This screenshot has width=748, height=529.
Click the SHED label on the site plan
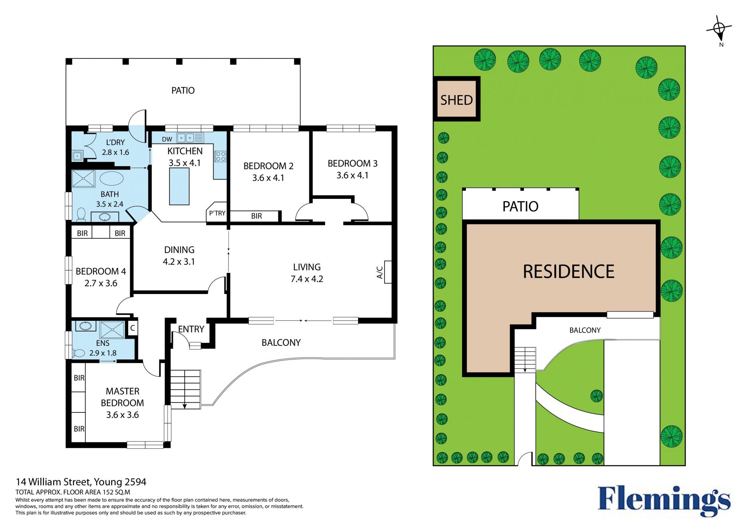click(456, 100)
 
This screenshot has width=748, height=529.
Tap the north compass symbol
click(719, 29)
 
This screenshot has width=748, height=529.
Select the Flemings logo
click(664, 501)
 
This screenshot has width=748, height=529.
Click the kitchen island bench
click(179, 186)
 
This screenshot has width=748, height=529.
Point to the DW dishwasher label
click(167, 139)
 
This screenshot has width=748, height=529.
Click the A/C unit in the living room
click(388, 272)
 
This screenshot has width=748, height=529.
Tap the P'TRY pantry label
click(217, 213)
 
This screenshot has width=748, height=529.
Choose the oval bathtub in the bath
click(111, 178)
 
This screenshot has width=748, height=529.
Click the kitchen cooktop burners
click(220, 156)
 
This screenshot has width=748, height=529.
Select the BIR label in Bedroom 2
click(256, 216)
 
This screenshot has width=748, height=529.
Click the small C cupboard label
click(132, 328)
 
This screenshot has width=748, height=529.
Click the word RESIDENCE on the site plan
click(568, 272)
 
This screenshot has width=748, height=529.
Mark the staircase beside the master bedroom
click(186, 389)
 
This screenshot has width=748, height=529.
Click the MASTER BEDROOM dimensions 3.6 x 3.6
click(122, 415)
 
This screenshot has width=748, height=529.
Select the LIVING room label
click(307, 267)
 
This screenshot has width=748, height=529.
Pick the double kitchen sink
click(185, 138)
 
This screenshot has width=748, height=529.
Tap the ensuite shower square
click(112, 330)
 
